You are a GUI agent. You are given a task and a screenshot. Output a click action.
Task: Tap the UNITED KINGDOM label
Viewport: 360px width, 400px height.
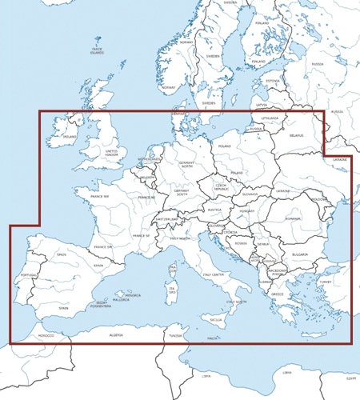[111, 152]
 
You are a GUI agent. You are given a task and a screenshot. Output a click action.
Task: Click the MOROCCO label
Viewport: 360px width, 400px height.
[46, 336]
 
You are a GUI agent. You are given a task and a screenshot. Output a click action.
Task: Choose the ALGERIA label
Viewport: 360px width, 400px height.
[117, 335]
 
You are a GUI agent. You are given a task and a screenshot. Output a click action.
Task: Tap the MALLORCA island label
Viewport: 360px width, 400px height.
[121, 300]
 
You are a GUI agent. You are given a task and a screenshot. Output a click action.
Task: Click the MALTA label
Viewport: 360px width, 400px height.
[213, 338]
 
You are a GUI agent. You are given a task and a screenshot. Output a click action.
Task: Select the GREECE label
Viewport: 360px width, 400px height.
[278, 294]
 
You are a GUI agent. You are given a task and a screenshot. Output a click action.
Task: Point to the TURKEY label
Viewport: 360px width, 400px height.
[325, 282]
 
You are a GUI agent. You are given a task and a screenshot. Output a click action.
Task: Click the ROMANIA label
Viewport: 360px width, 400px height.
[292, 218]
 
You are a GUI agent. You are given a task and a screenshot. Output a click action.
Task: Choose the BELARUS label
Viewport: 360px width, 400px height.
[298, 137]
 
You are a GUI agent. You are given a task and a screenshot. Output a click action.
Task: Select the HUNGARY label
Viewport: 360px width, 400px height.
[246, 211]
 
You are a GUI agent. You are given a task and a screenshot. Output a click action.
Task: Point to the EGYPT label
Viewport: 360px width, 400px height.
[350, 376]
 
